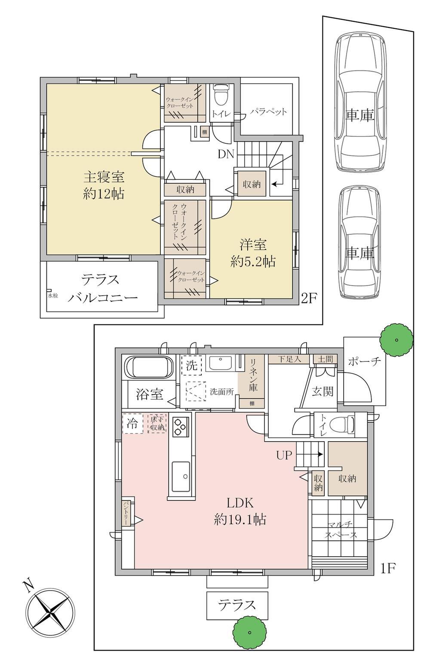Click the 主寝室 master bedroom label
104,178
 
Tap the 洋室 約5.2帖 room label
253,253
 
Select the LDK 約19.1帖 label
240,511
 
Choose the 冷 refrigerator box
133,424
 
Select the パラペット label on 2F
269,112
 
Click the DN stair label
226,154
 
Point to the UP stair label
284,455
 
